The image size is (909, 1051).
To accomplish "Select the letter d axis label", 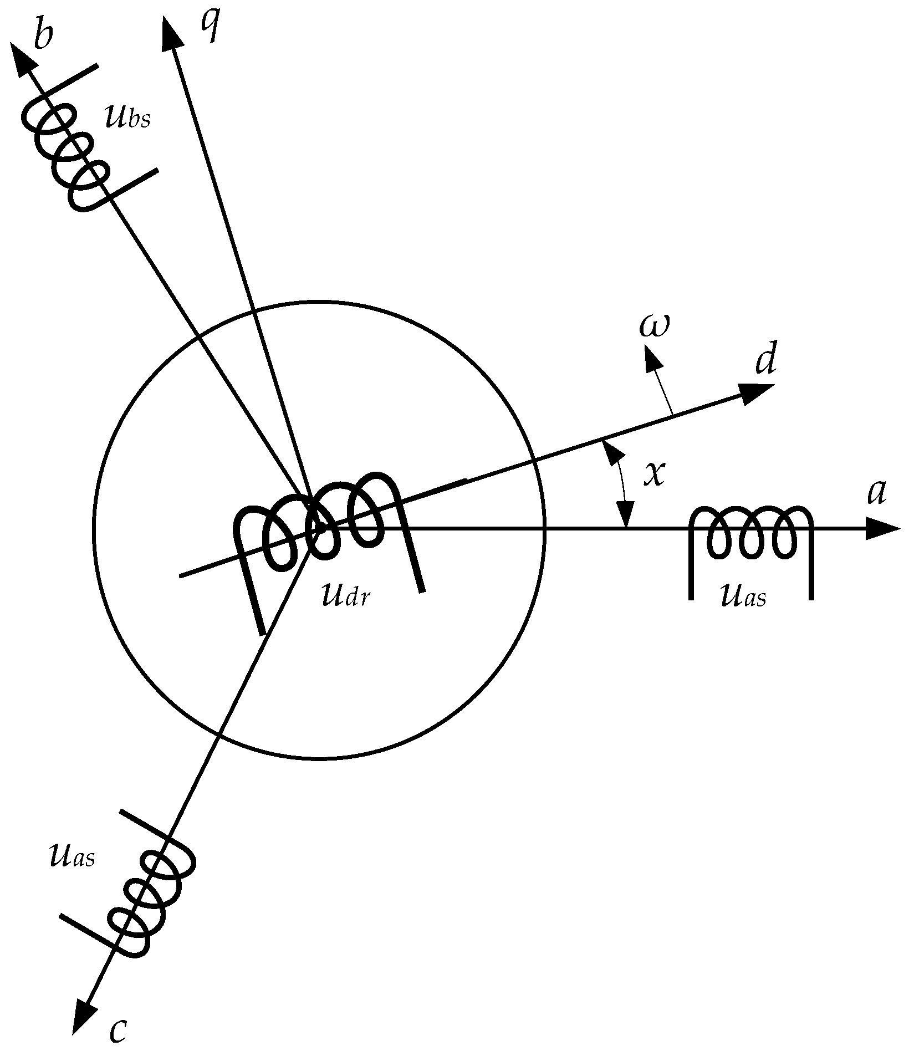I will pyautogui.click(x=765, y=362).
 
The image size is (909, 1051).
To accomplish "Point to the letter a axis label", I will pyautogui.click(x=876, y=492).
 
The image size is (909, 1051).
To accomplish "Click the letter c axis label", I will pyautogui.click(x=118, y=1029).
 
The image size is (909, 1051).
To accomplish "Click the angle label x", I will pyautogui.click(x=654, y=473).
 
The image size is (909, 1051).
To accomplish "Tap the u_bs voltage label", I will pyautogui.click(x=127, y=117).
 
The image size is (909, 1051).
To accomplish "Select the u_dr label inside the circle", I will pyautogui.click(x=345, y=595).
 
